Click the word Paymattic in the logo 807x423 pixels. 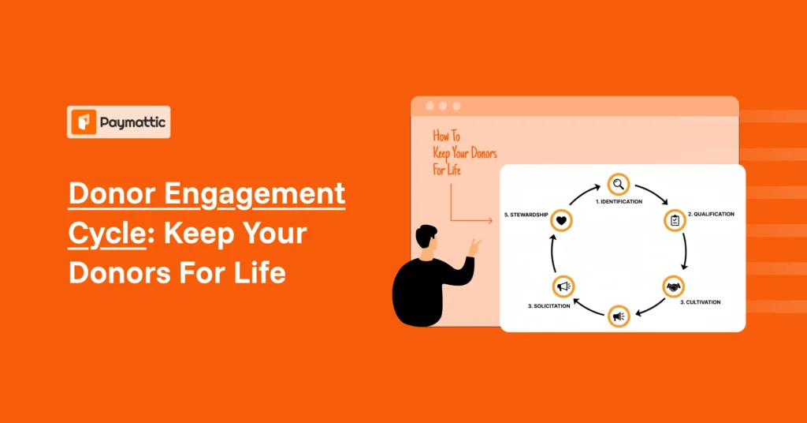coord(130,123)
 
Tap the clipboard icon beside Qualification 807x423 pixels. coord(675,220)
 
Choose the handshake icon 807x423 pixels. coord(673,286)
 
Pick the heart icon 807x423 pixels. coord(561,221)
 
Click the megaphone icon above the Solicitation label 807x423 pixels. coord(563,286)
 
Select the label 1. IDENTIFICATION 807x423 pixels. coord(619,202)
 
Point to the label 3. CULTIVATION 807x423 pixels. coord(700,302)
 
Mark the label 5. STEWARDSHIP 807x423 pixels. coord(526,214)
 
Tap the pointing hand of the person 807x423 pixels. coord(474,246)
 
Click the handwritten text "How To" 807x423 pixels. coord(446,137)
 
